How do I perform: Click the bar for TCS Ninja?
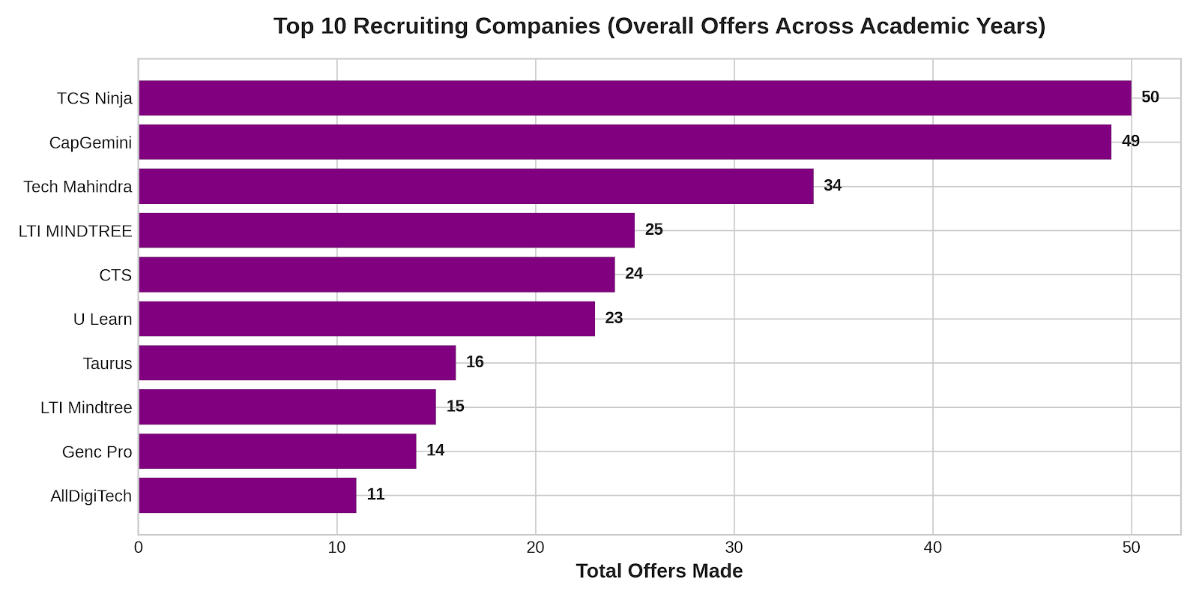pyautogui.click(x=635, y=98)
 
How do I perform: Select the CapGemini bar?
pyautogui.click(x=625, y=142)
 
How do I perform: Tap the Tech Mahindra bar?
pyautogui.click(x=477, y=187)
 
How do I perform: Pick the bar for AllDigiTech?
pyautogui.click(x=248, y=496)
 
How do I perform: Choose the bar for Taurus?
pyautogui.click(x=298, y=363)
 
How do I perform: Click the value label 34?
pyautogui.click(x=833, y=185)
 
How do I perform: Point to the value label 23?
pyautogui.click(x=614, y=318)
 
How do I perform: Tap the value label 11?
pyautogui.click(x=375, y=494)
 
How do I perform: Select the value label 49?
pyautogui.click(x=1131, y=141)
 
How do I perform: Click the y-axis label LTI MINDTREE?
pyautogui.click(x=75, y=231)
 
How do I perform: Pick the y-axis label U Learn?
pyautogui.click(x=102, y=319)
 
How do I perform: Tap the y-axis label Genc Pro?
pyautogui.click(x=97, y=451)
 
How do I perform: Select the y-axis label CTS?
pyautogui.click(x=115, y=274)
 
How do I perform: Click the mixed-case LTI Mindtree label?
pyautogui.click(x=86, y=408)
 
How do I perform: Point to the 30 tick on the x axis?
pyautogui.click(x=734, y=547)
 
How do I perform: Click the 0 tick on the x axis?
pyautogui.click(x=139, y=547)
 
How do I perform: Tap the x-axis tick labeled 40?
pyautogui.click(x=933, y=547)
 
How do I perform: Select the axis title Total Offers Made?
pyautogui.click(x=659, y=571)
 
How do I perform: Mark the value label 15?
pyautogui.click(x=455, y=406)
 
